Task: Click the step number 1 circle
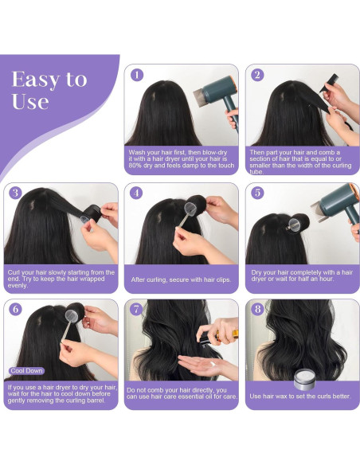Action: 136,75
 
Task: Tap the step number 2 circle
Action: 257,75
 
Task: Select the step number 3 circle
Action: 15,193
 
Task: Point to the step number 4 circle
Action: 136,193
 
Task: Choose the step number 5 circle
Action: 257,193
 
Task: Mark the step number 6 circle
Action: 15,311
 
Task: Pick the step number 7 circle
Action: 136,311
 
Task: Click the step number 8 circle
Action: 257,311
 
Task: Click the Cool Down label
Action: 26,370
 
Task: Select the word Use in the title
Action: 30,101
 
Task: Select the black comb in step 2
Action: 327,81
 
